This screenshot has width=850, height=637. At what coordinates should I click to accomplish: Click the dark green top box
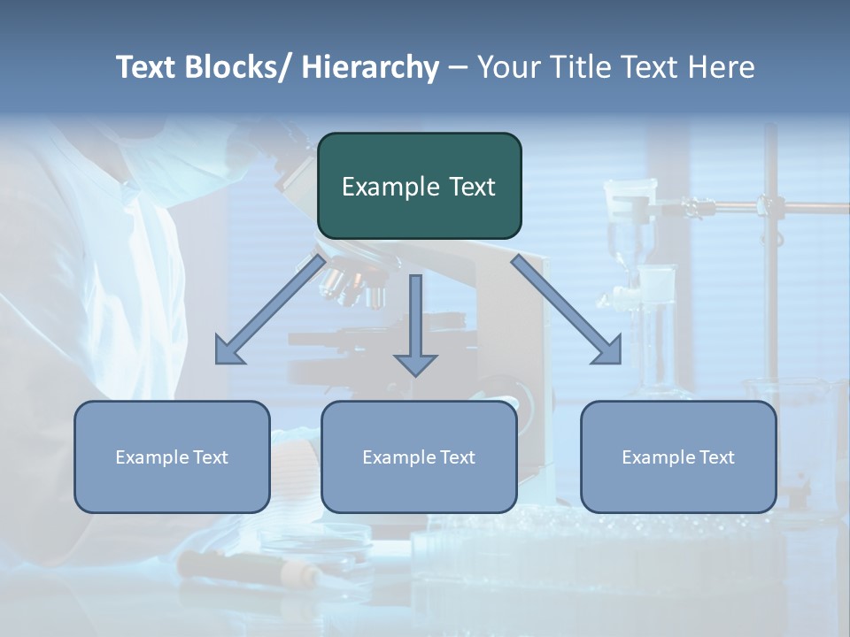419,186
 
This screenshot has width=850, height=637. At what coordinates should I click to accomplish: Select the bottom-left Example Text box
172,457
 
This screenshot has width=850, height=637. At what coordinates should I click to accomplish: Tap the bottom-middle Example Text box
419,457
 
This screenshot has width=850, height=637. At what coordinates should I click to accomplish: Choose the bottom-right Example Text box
678,457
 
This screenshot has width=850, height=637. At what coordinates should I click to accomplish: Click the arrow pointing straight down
415,326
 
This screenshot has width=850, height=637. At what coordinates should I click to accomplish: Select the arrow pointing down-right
567,311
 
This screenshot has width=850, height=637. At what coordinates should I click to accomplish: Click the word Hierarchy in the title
370,67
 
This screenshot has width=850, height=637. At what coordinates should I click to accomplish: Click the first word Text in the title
146,67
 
